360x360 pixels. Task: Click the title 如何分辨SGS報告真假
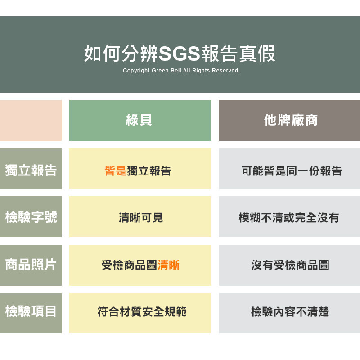tap(180, 54)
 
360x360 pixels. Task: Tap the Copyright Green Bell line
tap(181, 71)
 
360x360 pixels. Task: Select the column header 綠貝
tap(139, 120)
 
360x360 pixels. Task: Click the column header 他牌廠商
tap(291, 120)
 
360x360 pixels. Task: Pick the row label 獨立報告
tap(31, 171)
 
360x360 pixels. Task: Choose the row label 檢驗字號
tap(31, 217)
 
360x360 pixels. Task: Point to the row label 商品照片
tap(31, 265)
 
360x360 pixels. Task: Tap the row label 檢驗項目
tap(31, 311)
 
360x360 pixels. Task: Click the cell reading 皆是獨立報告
tap(138, 171)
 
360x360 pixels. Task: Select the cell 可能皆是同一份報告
tap(292, 171)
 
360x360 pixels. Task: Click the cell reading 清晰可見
tap(141, 218)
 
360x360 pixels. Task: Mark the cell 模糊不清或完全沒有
tap(289, 218)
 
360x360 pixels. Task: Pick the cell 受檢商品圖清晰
tap(140, 265)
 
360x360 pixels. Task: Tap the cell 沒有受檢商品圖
tap(290, 265)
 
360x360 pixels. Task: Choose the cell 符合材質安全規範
tap(142, 312)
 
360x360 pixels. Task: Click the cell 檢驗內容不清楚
tap(290, 312)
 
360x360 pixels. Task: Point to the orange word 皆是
tap(116, 171)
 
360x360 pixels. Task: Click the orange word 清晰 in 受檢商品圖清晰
tap(168, 265)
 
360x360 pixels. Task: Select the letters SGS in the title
tap(179, 54)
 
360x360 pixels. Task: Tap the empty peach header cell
tap(31, 120)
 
